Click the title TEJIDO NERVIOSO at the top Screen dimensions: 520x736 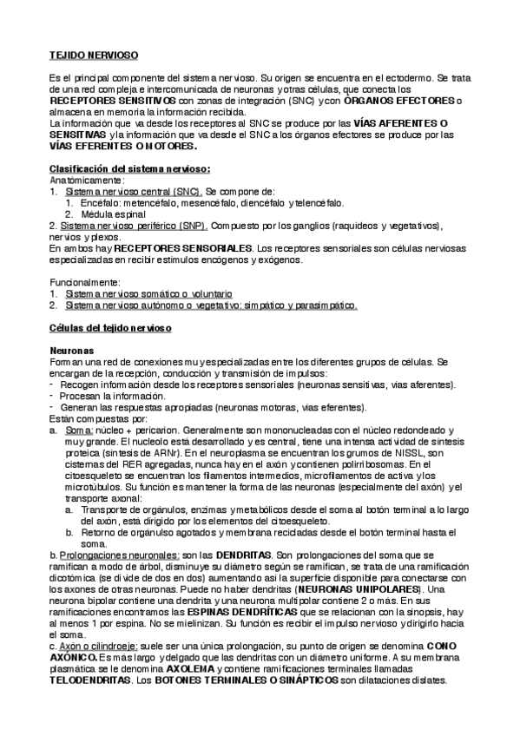(x=93, y=56)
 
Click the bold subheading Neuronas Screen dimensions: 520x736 (x=74, y=350)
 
